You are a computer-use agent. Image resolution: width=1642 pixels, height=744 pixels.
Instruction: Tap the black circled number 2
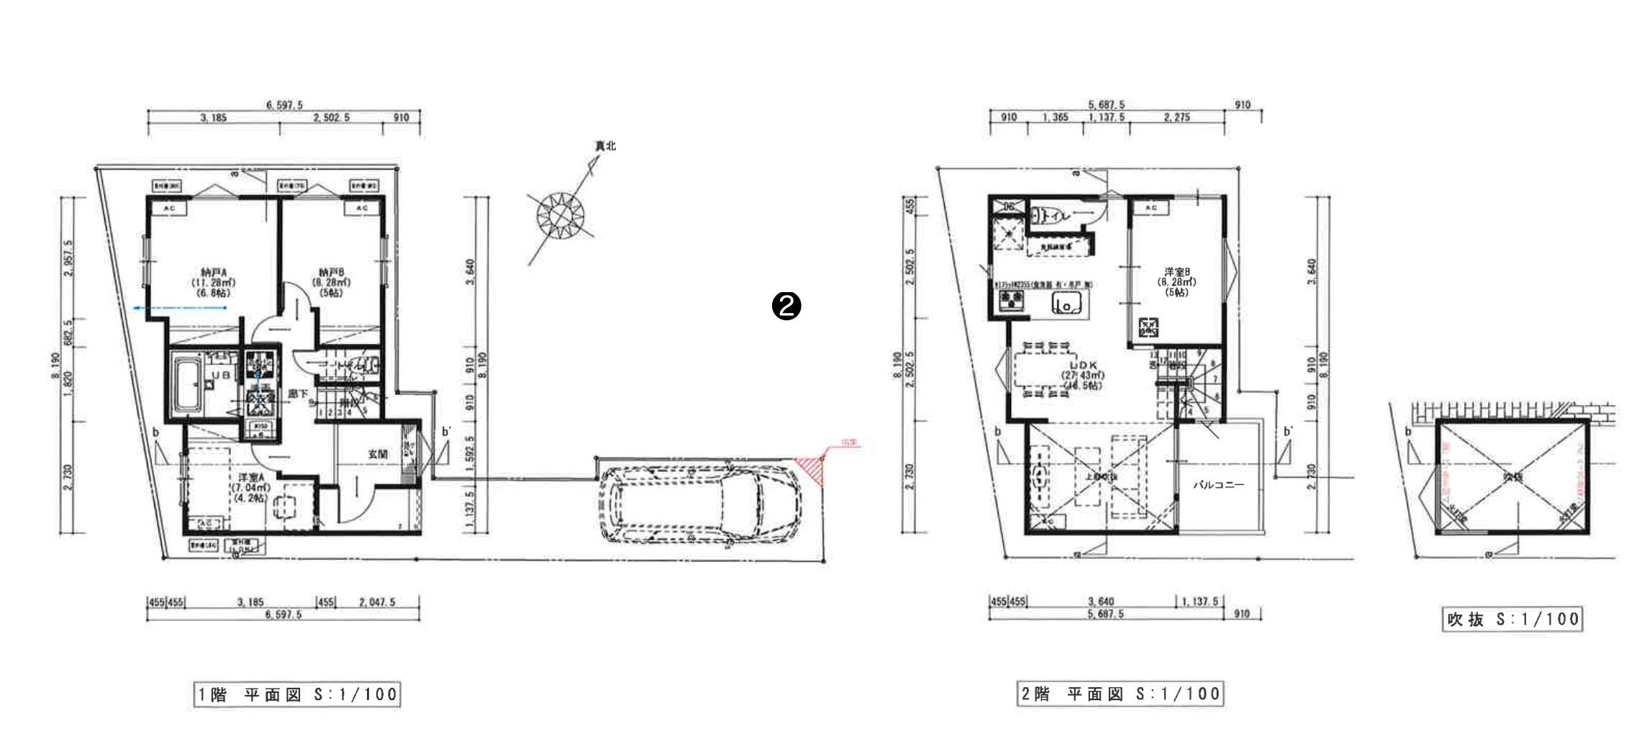786,306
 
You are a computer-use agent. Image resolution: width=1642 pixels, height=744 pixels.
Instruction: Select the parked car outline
702,504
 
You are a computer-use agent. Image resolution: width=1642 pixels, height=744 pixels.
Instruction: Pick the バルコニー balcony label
1218,485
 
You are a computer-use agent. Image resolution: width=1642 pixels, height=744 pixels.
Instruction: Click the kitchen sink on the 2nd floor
1068,304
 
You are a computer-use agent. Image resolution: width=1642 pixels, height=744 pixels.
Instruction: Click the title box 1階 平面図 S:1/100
297,694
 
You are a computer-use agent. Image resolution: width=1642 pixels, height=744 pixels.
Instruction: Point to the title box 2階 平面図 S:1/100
1120,694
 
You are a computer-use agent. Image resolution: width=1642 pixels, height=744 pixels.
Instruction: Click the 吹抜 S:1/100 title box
1512,620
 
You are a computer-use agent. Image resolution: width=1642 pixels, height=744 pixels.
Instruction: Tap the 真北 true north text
604,146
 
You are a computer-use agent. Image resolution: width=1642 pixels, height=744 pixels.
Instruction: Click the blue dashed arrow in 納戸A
180,308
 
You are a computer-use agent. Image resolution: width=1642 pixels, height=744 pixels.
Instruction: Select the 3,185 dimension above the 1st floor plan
213,118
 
